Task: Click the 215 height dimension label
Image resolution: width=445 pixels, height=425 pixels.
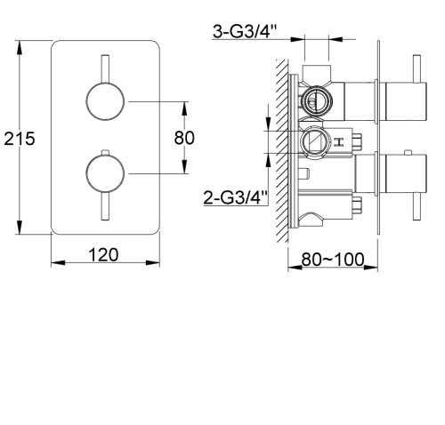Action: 20,139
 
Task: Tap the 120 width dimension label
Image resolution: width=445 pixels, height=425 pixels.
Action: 103,254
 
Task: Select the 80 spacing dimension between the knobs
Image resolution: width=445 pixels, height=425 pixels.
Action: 184,138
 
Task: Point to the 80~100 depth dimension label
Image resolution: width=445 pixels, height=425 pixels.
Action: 333,260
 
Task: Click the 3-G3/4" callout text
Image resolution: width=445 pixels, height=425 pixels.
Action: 245,31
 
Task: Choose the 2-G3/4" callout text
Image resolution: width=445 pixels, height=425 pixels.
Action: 236,197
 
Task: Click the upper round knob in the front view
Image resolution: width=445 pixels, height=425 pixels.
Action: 105,101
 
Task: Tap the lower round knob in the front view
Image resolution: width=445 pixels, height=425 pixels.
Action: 105,173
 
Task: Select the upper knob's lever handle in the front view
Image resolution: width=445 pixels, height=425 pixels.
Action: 105,68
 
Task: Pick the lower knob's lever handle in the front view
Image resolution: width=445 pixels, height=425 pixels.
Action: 105,206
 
